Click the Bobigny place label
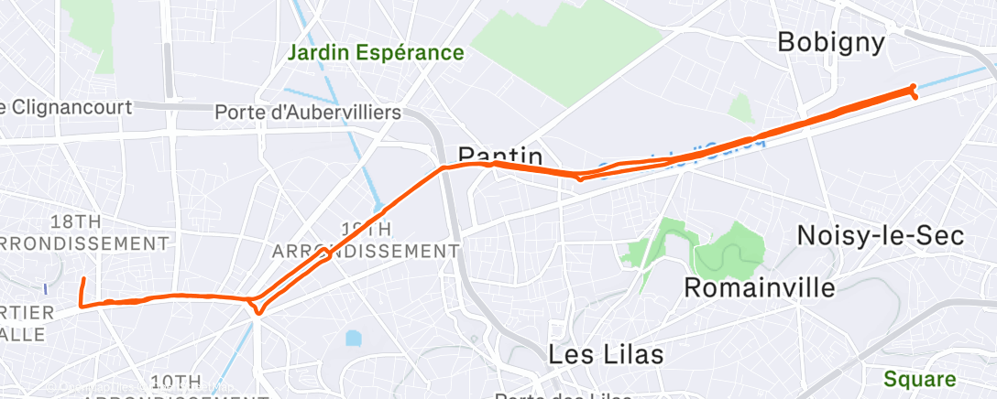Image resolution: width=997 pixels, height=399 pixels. [831, 42]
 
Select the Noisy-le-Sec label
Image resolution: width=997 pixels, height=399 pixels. [880, 235]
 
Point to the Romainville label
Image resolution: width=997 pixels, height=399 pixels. [761, 287]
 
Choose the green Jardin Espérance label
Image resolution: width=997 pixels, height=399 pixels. [376, 52]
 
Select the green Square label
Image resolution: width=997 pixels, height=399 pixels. [920, 379]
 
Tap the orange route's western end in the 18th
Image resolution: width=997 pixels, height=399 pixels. [83, 280]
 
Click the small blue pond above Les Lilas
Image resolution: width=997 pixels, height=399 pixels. [354, 339]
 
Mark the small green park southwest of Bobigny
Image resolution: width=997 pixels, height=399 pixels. [740, 108]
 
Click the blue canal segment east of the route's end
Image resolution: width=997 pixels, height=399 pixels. [953, 78]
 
